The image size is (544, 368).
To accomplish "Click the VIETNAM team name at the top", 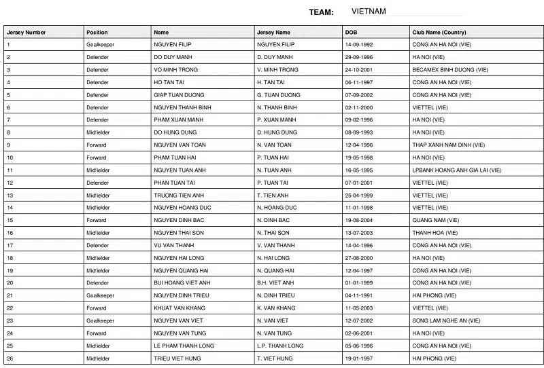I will coord(369,12).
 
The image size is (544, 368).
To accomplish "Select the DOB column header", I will coord(351,32).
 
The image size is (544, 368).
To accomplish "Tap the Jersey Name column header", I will coord(273,32).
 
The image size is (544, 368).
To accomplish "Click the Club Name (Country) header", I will coord(439,32).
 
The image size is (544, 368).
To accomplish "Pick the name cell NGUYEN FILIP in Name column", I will coord(173,44).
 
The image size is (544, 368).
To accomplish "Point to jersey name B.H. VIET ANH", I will coord(275,282).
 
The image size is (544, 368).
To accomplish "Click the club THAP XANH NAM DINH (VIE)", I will coord(449,145).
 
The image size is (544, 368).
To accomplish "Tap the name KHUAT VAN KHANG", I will coord(178,308).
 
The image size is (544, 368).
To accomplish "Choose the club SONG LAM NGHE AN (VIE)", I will coord(446,320).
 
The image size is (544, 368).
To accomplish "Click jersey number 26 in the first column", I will coord(10,358).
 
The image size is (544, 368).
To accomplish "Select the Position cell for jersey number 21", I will coord(100,295).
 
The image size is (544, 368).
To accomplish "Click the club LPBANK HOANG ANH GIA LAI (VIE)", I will coord(456,170).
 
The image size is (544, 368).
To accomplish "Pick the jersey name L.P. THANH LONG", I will coord(280,346).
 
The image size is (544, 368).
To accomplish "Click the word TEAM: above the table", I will coord(321,12).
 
